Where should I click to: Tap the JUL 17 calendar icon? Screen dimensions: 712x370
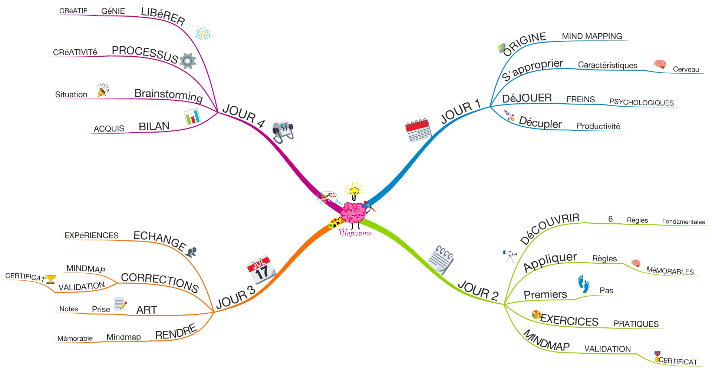pyautogui.click(x=261, y=269)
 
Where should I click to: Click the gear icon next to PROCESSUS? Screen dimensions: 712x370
pyautogui.click(x=188, y=61)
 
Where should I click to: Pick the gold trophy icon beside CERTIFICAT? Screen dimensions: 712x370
pyautogui.click(x=50, y=279)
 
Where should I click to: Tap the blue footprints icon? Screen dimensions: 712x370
pyautogui.click(x=584, y=284)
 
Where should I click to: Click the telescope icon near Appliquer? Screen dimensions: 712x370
pyautogui.click(x=510, y=256)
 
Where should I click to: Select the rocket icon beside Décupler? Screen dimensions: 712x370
pyautogui.click(x=510, y=116)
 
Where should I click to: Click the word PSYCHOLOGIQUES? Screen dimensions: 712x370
pyautogui.click(x=642, y=103)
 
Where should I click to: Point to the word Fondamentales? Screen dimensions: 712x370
pyautogui.click(x=683, y=221)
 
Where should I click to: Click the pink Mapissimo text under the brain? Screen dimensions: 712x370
pyautogui.click(x=355, y=233)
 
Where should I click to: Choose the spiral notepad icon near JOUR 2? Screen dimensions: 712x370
pyautogui.click(x=441, y=259)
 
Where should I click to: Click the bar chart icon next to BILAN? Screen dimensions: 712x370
pyautogui.click(x=192, y=117)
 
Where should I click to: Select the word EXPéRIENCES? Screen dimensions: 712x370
pyautogui.click(x=91, y=235)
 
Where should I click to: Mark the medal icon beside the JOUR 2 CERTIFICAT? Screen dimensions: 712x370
pyautogui.click(x=657, y=356)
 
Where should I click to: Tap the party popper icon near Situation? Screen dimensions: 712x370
pyautogui.click(x=103, y=90)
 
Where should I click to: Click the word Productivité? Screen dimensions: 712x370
pyautogui.click(x=598, y=126)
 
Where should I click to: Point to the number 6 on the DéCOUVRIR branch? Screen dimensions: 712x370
pyautogui.click(x=610, y=219)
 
